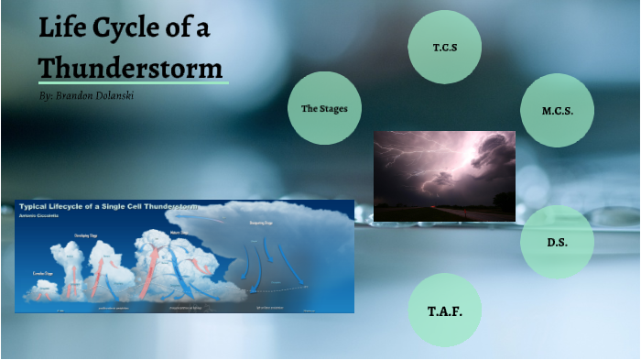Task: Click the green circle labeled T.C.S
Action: coord(445,46)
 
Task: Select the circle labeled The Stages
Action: coord(324,108)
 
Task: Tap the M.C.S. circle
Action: coord(557,110)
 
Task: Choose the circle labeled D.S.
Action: coord(557,242)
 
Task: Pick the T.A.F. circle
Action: coord(445,311)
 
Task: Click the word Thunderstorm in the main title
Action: coord(130,68)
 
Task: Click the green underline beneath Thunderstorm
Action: coord(133,82)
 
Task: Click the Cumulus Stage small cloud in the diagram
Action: coord(43,289)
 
